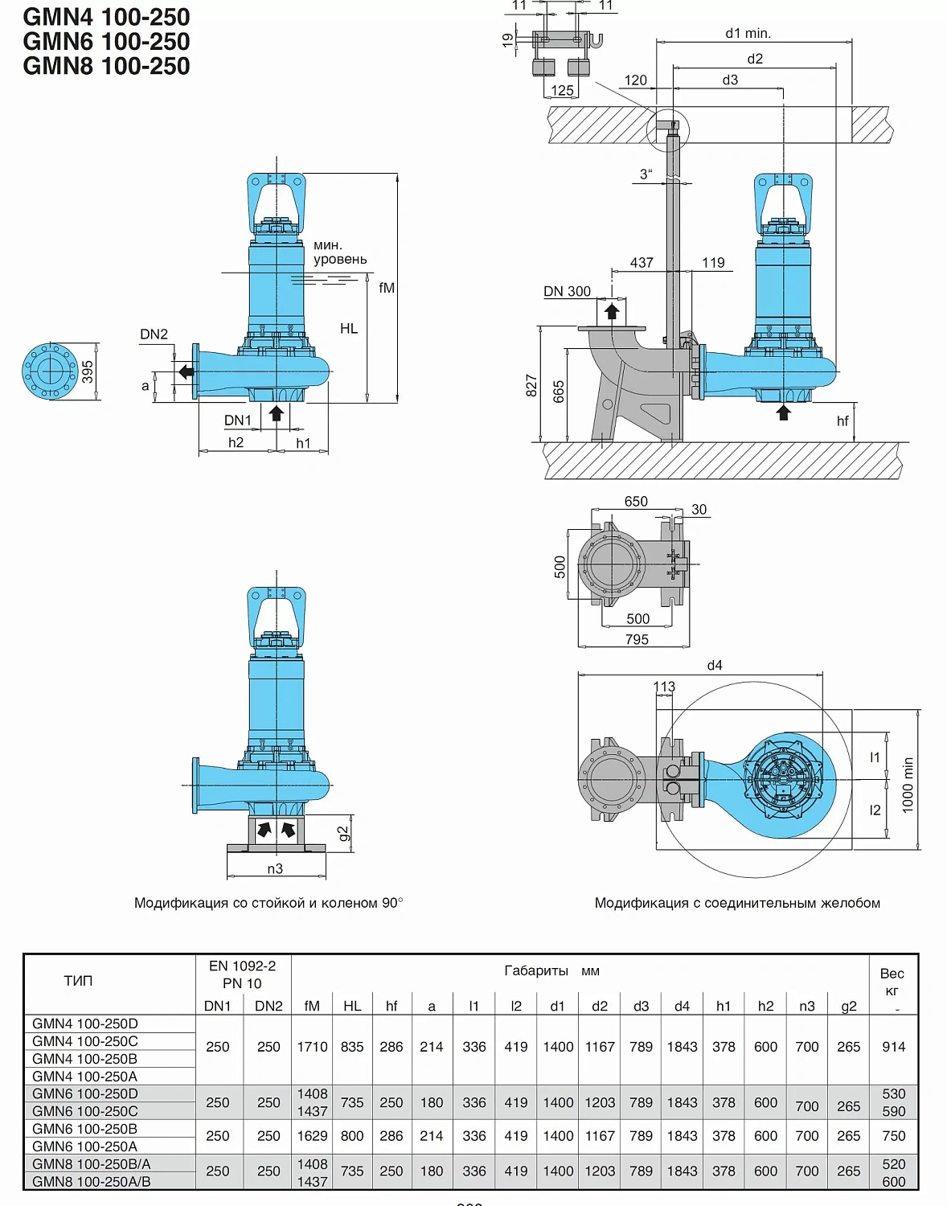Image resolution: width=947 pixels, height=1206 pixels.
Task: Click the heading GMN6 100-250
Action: [106, 42]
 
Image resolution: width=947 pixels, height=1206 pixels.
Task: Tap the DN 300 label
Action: [567, 291]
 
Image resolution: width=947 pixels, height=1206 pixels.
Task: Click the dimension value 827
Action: [531, 386]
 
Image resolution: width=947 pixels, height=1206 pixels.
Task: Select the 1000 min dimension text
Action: [908, 785]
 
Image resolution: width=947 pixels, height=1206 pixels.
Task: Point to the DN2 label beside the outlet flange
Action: [154, 334]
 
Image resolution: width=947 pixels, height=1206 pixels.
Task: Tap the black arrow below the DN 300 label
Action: [612, 311]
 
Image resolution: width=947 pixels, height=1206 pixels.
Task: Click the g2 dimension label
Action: [344, 834]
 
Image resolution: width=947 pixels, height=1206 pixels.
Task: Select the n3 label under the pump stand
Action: [275, 868]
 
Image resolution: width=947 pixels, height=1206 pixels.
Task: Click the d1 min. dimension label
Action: [748, 33]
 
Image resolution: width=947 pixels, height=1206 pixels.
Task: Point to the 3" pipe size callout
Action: [646, 174]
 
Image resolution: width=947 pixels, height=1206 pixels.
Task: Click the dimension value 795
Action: [637, 639]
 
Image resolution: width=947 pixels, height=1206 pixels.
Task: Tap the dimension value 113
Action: [664, 687]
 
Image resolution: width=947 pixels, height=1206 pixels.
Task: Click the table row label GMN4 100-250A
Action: [84, 1076]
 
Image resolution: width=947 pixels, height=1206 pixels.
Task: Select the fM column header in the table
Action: [312, 1006]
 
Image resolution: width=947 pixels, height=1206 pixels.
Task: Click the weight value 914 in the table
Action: [893, 1047]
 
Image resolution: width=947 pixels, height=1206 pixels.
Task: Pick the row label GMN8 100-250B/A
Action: [91, 1163]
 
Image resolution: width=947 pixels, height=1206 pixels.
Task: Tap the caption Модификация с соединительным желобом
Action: [737, 903]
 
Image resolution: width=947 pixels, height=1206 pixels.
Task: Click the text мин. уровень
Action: [340, 252]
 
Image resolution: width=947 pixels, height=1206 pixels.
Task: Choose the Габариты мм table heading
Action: [551, 970]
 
